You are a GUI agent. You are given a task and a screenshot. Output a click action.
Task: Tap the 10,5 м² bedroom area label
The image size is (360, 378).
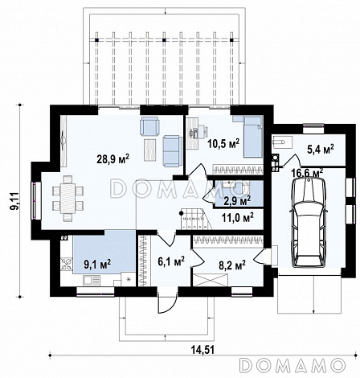(223, 144)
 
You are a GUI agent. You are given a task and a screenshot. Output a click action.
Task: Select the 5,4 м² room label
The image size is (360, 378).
(320, 149)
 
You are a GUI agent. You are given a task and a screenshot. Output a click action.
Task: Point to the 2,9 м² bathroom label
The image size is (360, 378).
(237, 200)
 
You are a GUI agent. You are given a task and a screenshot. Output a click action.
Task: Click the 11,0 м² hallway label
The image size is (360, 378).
(238, 217)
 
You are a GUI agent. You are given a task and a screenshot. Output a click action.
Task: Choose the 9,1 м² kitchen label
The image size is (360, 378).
(97, 264)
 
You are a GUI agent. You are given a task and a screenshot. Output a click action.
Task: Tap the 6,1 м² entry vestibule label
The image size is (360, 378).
(171, 261)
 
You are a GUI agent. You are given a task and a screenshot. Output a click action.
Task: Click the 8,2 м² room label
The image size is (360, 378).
(232, 265)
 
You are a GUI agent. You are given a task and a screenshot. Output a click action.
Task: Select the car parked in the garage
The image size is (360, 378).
(309, 223)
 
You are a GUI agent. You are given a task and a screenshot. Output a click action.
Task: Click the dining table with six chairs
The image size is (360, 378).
(68, 199)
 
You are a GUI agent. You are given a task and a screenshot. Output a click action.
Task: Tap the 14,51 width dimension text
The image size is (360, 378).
(202, 350)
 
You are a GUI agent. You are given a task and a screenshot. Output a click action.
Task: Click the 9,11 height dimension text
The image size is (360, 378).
(15, 201)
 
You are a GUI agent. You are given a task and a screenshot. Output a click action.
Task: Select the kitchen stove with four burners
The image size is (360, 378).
(67, 263)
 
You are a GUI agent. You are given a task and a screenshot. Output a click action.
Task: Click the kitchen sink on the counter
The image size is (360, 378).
(92, 281)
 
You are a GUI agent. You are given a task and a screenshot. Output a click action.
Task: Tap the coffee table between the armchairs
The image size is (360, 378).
(149, 150)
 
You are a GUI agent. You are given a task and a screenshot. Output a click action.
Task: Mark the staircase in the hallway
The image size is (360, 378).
(195, 220)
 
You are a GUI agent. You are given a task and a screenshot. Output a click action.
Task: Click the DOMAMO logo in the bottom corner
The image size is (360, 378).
(292, 365)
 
